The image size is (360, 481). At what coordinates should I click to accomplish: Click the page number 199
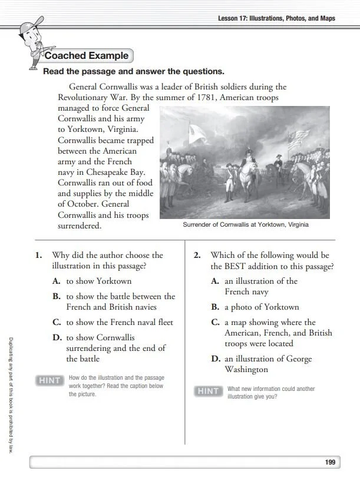point(330,462)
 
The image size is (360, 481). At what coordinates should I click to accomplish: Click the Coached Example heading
point(87,56)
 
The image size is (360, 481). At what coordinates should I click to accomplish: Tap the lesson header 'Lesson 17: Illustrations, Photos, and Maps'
point(276,18)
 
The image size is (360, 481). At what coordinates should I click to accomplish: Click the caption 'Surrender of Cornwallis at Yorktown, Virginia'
point(245,224)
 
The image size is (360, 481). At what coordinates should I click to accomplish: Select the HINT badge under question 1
point(49,380)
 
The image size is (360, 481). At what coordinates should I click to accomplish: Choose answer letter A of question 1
point(57,281)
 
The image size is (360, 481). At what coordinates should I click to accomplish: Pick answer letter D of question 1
point(57,338)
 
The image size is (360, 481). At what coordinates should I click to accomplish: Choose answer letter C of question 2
point(215,323)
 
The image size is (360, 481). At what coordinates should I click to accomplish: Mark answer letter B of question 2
point(215,307)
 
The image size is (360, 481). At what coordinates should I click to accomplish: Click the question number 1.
point(38,256)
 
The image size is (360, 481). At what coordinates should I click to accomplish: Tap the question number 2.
point(197,256)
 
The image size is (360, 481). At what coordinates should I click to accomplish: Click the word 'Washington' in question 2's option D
point(246,369)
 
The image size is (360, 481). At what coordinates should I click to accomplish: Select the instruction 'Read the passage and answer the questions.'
point(134,72)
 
